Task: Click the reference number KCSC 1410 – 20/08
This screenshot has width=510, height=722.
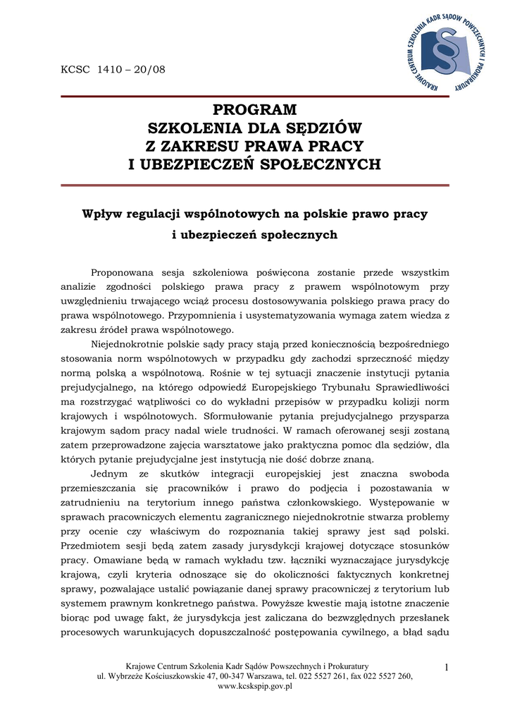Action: (113, 69)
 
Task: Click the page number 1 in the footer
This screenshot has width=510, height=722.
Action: (447, 667)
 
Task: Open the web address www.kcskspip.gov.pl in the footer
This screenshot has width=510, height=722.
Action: (255, 686)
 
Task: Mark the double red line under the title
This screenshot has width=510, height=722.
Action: (255, 185)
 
